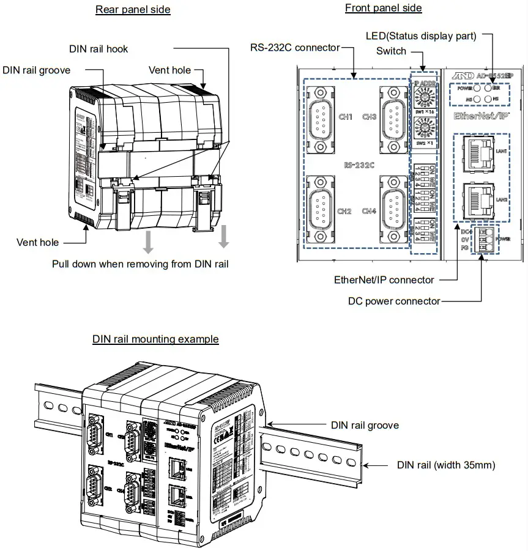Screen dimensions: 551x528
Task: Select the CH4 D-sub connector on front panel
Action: [393, 211]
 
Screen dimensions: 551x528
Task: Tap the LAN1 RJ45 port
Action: [478, 149]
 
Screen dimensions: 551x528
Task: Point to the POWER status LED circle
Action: [475, 87]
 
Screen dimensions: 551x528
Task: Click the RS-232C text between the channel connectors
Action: [359, 164]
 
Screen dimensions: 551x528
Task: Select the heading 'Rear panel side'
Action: [133, 9]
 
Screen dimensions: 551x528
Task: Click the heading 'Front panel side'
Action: [383, 8]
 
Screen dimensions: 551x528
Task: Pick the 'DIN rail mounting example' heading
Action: [155, 339]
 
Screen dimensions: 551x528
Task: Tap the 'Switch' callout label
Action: [391, 51]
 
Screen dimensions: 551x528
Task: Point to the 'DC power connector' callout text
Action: [394, 301]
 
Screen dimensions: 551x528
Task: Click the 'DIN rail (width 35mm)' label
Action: [446, 465]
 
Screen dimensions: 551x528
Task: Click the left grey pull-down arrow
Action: [147, 242]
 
